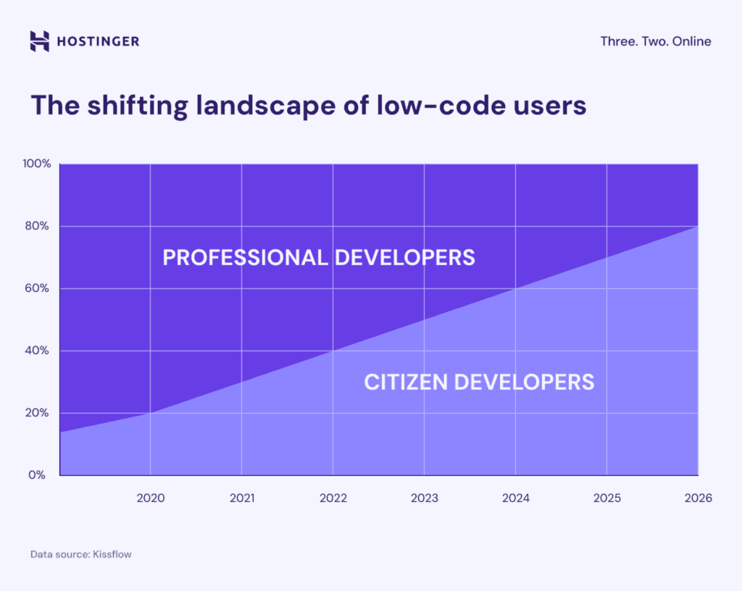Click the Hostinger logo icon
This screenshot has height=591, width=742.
tap(39, 41)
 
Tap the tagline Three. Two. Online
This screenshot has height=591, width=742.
tap(655, 41)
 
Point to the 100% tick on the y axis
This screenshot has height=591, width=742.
tap(36, 164)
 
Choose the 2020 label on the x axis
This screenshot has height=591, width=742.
tap(150, 498)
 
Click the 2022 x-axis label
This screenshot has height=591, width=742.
tap(333, 498)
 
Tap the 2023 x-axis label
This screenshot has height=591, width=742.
tap(424, 498)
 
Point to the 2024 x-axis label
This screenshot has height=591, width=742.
tap(515, 498)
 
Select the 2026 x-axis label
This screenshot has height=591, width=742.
tap(698, 498)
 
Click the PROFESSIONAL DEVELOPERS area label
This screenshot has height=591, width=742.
tap(319, 257)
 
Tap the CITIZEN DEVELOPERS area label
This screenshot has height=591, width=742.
tap(479, 382)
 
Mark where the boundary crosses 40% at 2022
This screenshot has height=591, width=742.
tap(333, 351)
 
